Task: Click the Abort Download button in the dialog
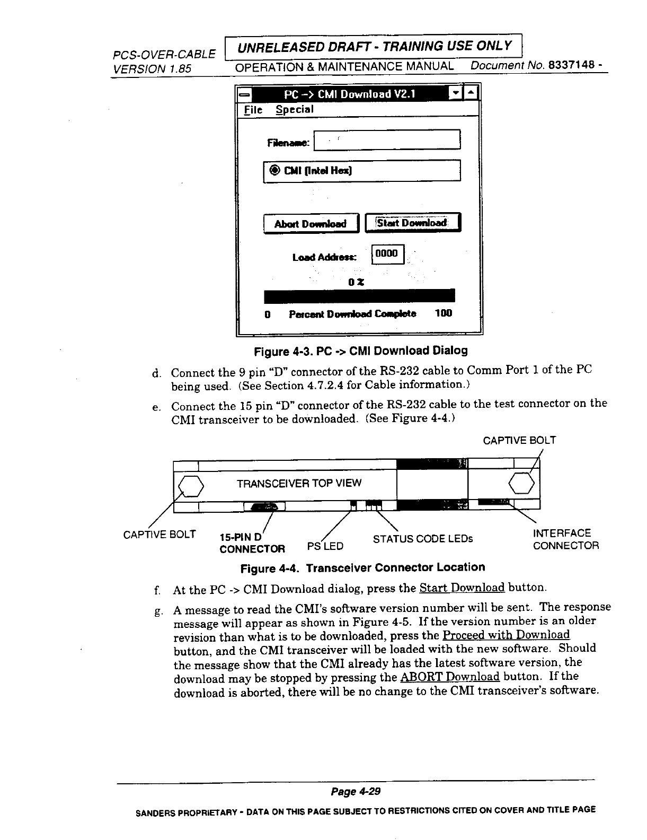click(311, 223)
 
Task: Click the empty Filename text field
click(387, 140)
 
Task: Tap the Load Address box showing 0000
click(387, 254)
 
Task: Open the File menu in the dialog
click(253, 110)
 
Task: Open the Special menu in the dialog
click(294, 110)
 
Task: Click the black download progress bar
click(359, 295)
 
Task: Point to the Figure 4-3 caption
click(361, 351)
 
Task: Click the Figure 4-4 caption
click(362, 567)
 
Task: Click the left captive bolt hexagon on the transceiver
click(190, 485)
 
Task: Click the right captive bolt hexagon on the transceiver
click(524, 483)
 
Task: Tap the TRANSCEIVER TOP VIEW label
click(299, 483)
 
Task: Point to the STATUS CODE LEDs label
click(422, 539)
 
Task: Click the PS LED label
click(325, 546)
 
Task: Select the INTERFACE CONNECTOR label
click(565, 539)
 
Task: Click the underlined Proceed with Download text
click(506, 635)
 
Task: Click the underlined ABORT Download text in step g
click(450, 677)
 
